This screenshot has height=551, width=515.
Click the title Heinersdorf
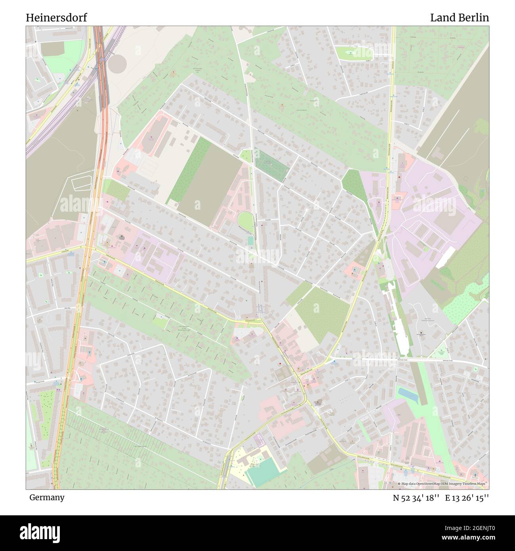56,17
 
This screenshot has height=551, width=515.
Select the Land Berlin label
459,17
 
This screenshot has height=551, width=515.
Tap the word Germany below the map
47,497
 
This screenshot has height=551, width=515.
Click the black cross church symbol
318,403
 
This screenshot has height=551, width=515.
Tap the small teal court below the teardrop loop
250,241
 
